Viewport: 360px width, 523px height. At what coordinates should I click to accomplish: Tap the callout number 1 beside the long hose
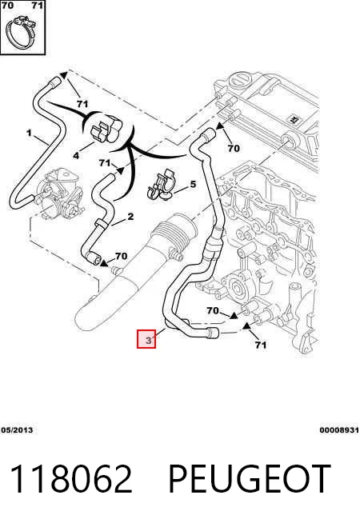click(29, 133)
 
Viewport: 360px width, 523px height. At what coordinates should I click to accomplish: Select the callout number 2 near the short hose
click(130, 217)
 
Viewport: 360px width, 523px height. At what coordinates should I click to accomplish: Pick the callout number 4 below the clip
click(76, 155)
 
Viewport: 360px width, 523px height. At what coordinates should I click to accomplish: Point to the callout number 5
click(193, 184)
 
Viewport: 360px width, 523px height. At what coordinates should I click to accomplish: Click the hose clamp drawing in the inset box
click(21, 34)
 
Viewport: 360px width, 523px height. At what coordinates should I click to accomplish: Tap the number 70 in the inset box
click(7, 6)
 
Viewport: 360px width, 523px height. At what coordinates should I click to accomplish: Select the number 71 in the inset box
click(38, 6)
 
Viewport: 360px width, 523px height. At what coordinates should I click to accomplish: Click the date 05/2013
click(17, 430)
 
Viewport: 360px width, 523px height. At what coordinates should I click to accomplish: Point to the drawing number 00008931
click(339, 430)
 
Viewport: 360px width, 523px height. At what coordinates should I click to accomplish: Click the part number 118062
click(71, 478)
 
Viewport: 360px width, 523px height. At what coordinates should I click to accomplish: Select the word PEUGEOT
click(250, 478)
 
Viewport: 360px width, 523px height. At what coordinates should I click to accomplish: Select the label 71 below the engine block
click(261, 345)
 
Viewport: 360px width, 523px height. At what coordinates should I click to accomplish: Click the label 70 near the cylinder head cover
click(234, 148)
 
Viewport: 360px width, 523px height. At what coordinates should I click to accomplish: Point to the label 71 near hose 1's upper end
click(82, 104)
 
